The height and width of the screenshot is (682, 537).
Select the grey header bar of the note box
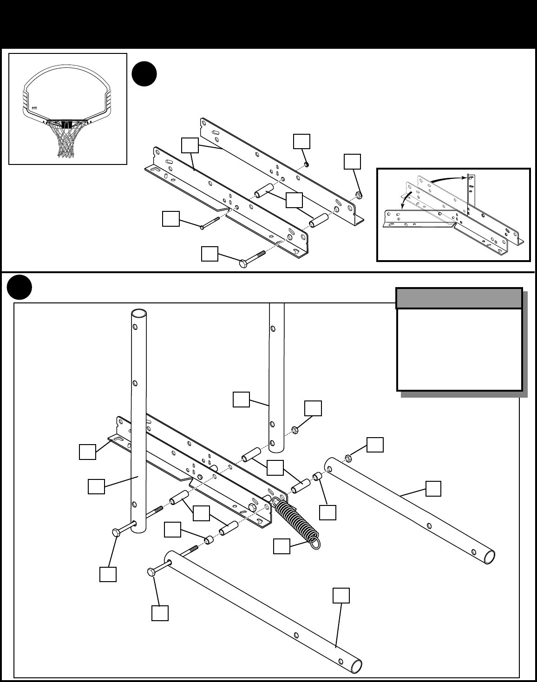(459, 298)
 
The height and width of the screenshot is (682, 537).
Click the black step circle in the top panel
(144, 74)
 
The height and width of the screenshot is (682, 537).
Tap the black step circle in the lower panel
(20, 288)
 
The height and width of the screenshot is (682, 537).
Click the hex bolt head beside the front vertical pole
(116, 532)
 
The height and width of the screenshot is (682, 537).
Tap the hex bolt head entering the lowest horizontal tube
(151, 571)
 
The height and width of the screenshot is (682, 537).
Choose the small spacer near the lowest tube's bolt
(210, 540)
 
